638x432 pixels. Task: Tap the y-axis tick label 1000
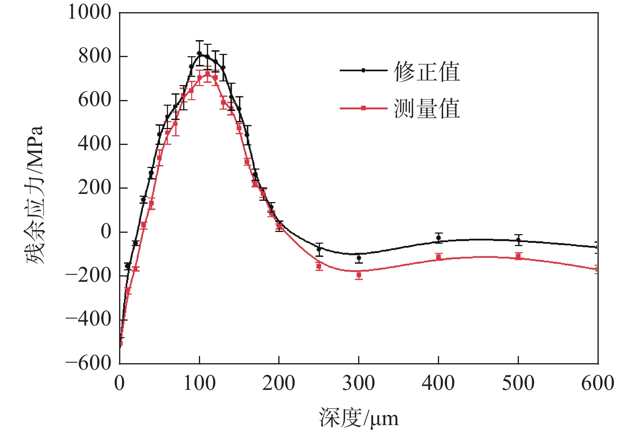(x=89, y=12)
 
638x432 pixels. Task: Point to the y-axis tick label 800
(x=95, y=56)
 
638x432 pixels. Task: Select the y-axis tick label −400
(x=88, y=319)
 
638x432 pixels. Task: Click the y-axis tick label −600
(x=88, y=363)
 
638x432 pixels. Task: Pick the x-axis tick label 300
(x=358, y=383)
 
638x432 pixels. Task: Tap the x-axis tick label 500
(x=518, y=383)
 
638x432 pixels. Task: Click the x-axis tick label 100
(x=199, y=383)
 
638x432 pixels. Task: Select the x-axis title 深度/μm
(x=358, y=418)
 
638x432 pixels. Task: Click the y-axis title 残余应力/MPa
(x=35, y=195)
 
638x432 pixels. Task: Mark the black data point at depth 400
(x=438, y=238)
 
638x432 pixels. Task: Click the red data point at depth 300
(x=358, y=275)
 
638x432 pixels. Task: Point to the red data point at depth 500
(x=518, y=256)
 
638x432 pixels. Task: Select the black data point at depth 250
(x=319, y=249)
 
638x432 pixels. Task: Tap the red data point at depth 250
(x=319, y=266)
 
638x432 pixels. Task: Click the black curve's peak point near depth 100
(x=199, y=53)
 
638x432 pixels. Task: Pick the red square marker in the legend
(x=363, y=108)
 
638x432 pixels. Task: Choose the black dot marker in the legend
(x=363, y=70)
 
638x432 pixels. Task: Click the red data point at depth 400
(x=438, y=257)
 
